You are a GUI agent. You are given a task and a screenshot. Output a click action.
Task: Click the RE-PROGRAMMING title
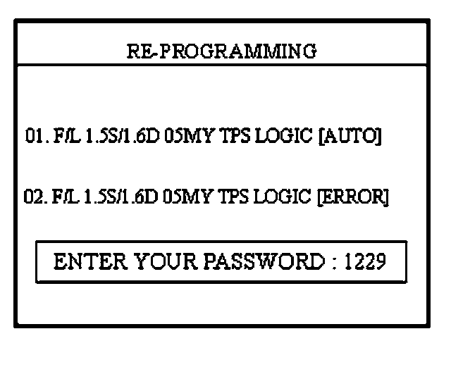(x=221, y=51)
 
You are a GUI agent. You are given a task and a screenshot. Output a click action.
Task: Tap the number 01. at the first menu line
(x=35, y=136)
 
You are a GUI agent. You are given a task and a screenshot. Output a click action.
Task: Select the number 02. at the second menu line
(x=35, y=197)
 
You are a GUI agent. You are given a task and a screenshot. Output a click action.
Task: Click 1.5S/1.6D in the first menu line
(x=118, y=136)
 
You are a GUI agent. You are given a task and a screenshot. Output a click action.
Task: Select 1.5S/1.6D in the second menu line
(x=118, y=197)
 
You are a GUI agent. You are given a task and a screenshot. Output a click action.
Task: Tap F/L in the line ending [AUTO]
(x=63, y=136)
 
